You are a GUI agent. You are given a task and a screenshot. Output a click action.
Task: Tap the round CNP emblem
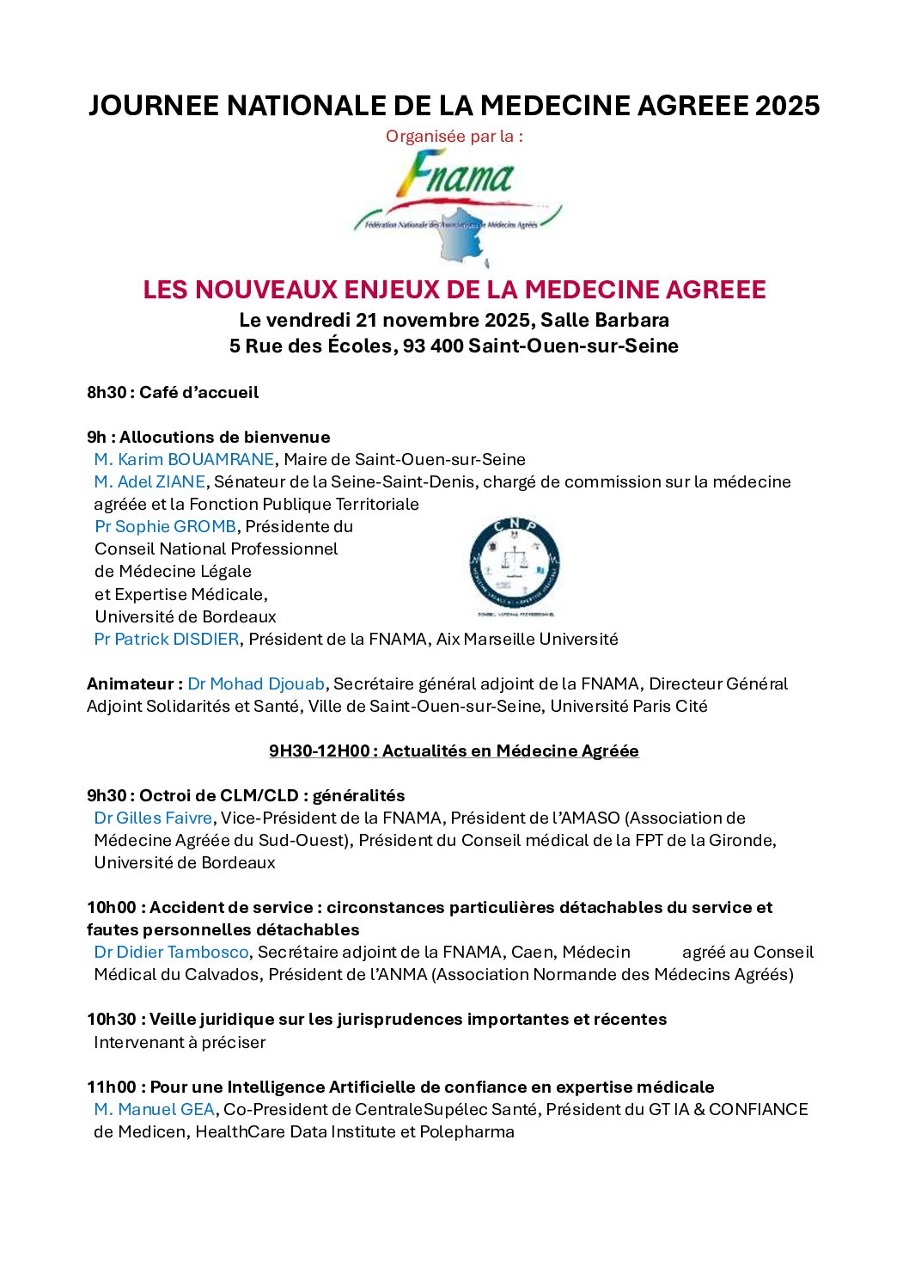click(515, 565)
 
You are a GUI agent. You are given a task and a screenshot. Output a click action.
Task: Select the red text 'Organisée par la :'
click(454, 136)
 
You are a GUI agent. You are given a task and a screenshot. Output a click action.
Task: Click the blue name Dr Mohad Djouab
click(256, 683)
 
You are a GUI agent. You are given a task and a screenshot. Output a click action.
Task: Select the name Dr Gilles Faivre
click(153, 818)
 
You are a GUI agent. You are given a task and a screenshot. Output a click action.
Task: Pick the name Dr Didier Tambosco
click(171, 952)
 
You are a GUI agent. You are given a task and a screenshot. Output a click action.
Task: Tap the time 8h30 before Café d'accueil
click(107, 392)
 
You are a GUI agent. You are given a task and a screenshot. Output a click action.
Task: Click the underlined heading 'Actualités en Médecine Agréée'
click(510, 751)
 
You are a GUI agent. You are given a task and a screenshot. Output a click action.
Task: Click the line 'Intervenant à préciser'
click(180, 1042)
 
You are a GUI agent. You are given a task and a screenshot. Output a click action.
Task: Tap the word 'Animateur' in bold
click(130, 683)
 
